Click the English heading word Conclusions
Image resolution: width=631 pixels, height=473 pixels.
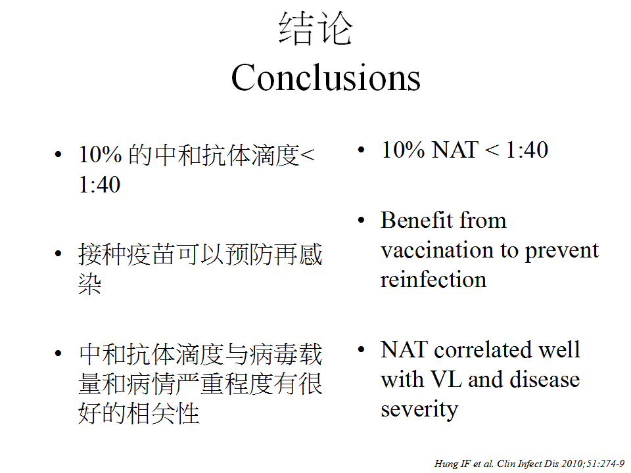[x=325, y=78]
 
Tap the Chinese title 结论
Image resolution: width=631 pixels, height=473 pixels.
[x=315, y=28]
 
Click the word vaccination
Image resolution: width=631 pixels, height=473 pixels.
[x=437, y=250]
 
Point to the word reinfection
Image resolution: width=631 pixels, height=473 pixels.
[x=433, y=279]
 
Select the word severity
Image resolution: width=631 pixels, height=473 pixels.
[x=419, y=410]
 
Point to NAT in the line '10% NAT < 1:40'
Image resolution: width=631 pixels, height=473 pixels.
[x=454, y=150]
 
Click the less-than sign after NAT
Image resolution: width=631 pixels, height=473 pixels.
[x=492, y=150]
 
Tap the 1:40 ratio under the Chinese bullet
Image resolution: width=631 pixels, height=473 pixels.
[x=99, y=185]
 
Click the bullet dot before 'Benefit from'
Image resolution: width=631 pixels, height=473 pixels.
[x=361, y=221]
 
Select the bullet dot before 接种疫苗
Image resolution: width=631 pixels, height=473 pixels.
[x=58, y=254]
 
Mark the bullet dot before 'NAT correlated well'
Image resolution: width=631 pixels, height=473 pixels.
[x=361, y=349]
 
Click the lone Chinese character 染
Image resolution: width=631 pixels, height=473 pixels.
[x=90, y=284]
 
